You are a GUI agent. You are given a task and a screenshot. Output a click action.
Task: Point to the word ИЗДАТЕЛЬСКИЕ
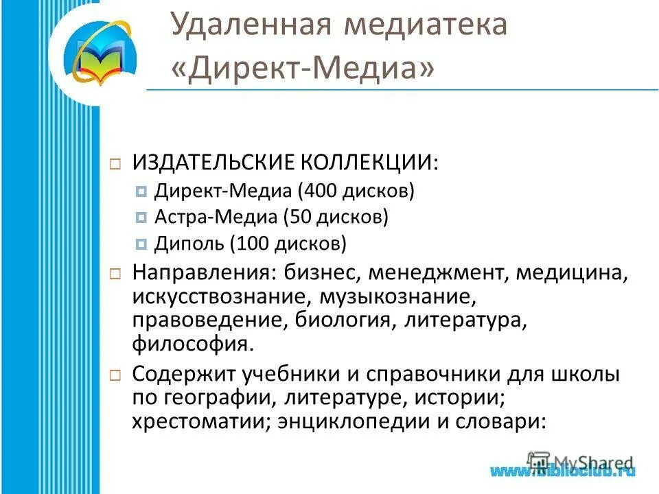(212, 163)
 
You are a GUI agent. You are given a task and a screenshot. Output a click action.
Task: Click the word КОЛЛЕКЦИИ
(367, 163)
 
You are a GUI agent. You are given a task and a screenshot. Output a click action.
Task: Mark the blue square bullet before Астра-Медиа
(141, 218)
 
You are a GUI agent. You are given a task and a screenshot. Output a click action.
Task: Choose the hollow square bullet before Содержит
(115, 376)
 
